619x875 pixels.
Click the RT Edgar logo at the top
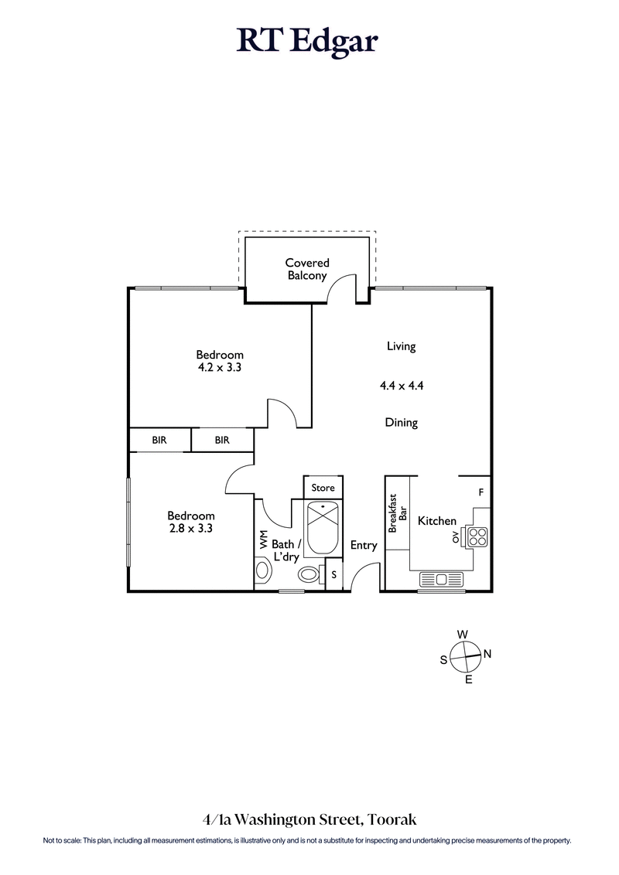[308, 41]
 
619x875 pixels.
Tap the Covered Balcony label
[307, 269]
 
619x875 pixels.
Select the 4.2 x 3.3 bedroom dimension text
[220, 368]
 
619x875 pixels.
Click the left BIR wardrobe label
[159, 440]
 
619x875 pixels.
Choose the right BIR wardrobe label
[222, 440]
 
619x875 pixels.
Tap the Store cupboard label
[323, 488]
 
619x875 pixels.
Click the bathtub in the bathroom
[323, 528]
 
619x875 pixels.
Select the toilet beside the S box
[310, 574]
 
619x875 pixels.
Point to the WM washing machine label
[263, 540]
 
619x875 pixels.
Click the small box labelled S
[333, 574]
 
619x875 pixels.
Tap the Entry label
[364, 545]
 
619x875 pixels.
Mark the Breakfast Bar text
[397, 514]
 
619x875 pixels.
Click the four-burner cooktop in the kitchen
[477, 536]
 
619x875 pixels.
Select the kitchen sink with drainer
[440, 578]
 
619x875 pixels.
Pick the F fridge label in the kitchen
[481, 492]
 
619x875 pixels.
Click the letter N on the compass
[487, 654]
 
